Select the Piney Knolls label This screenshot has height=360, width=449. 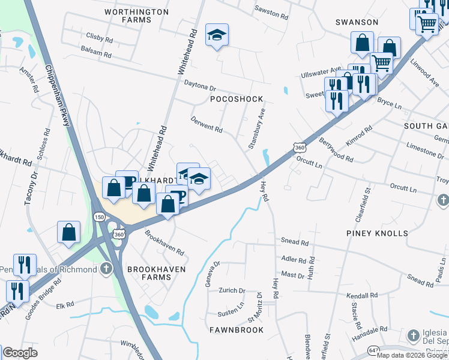point(376,233)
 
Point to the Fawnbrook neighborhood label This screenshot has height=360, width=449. point(237,330)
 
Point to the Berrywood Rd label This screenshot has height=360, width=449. point(336,149)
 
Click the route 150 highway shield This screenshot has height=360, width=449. point(100,217)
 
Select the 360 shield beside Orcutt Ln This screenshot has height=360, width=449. point(300,147)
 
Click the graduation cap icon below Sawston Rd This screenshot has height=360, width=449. point(217,36)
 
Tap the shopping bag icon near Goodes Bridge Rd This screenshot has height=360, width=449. point(69,232)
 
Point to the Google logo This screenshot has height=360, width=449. point(20,353)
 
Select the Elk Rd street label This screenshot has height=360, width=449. point(64,305)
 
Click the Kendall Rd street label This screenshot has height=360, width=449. point(362,296)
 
